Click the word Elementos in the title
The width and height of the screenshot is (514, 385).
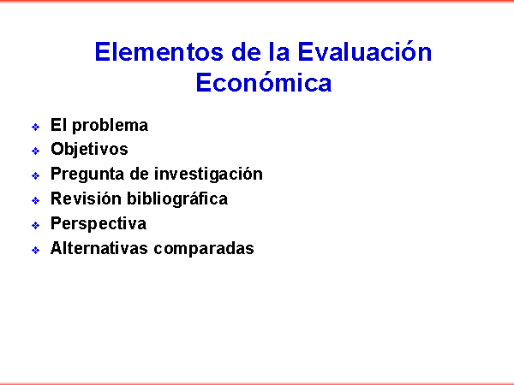tap(159, 52)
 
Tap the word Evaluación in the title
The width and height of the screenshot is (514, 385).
tap(365, 51)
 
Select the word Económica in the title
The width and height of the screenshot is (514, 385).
tap(264, 82)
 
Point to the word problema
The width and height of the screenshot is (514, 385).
tap(110, 126)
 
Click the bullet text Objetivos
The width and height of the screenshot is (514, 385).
tap(89, 150)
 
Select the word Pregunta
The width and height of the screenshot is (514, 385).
tap(87, 175)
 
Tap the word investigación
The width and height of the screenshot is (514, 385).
tap(208, 174)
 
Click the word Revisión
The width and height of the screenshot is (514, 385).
tap(86, 198)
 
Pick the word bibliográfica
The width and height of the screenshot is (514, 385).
tap(177, 199)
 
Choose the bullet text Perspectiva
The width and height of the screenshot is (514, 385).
tap(99, 224)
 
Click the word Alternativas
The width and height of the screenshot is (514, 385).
tap(99, 248)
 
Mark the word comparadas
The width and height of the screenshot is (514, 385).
tap(204, 249)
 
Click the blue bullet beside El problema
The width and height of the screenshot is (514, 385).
tap(35, 127)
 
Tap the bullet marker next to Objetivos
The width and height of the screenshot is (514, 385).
tap(35, 151)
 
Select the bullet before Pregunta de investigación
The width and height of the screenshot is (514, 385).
tap(35, 175)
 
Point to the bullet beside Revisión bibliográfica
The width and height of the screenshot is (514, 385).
tap(35, 200)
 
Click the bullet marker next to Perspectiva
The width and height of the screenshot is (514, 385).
tap(35, 225)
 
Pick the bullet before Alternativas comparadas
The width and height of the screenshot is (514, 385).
tap(35, 250)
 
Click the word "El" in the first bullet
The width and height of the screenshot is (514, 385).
tap(58, 125)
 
